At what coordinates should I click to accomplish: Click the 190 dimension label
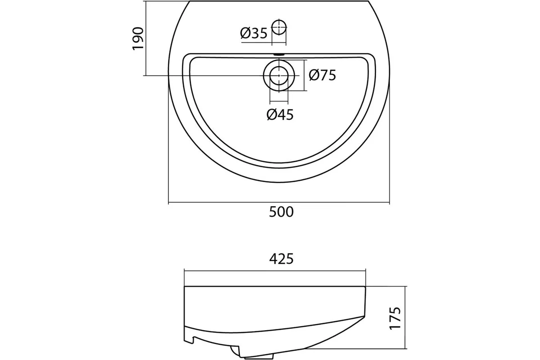pyautogui.click(x=138, y=39)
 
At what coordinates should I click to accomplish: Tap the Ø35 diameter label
pyautogui.click(x=254, y=33)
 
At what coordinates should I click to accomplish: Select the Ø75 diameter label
pyautogui.click(x=322, y=75)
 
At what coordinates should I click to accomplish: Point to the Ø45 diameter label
pyautogui.click(x=280, y=115)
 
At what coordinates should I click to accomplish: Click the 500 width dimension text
pyautogui.click(x=281, y=212)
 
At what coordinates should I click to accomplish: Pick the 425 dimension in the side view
pyautogui.click(x=281, y=259)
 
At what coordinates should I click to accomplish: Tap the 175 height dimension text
pyautogui.click(x=395, y=318)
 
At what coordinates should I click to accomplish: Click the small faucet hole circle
pyautogui.click(x=279, y=27)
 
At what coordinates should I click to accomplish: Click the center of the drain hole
pyautogui.click(x=279, y=76)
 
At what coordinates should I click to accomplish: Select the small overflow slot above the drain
pyautogui.click(x=279, y=54)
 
